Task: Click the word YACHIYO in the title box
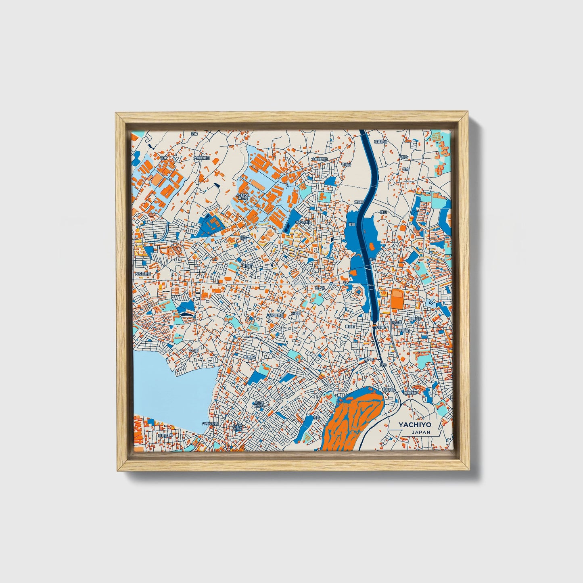(x=415, y=425)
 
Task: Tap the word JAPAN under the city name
(x=421, y=432)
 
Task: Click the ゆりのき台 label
(x=304, y=222)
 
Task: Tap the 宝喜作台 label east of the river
(x=380, y=142)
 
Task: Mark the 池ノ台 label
(x=320, y=287)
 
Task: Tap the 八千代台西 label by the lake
(x=210, y=424)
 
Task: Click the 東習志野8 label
(x=165, y=436)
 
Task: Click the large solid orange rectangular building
(x=397, y=299)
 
